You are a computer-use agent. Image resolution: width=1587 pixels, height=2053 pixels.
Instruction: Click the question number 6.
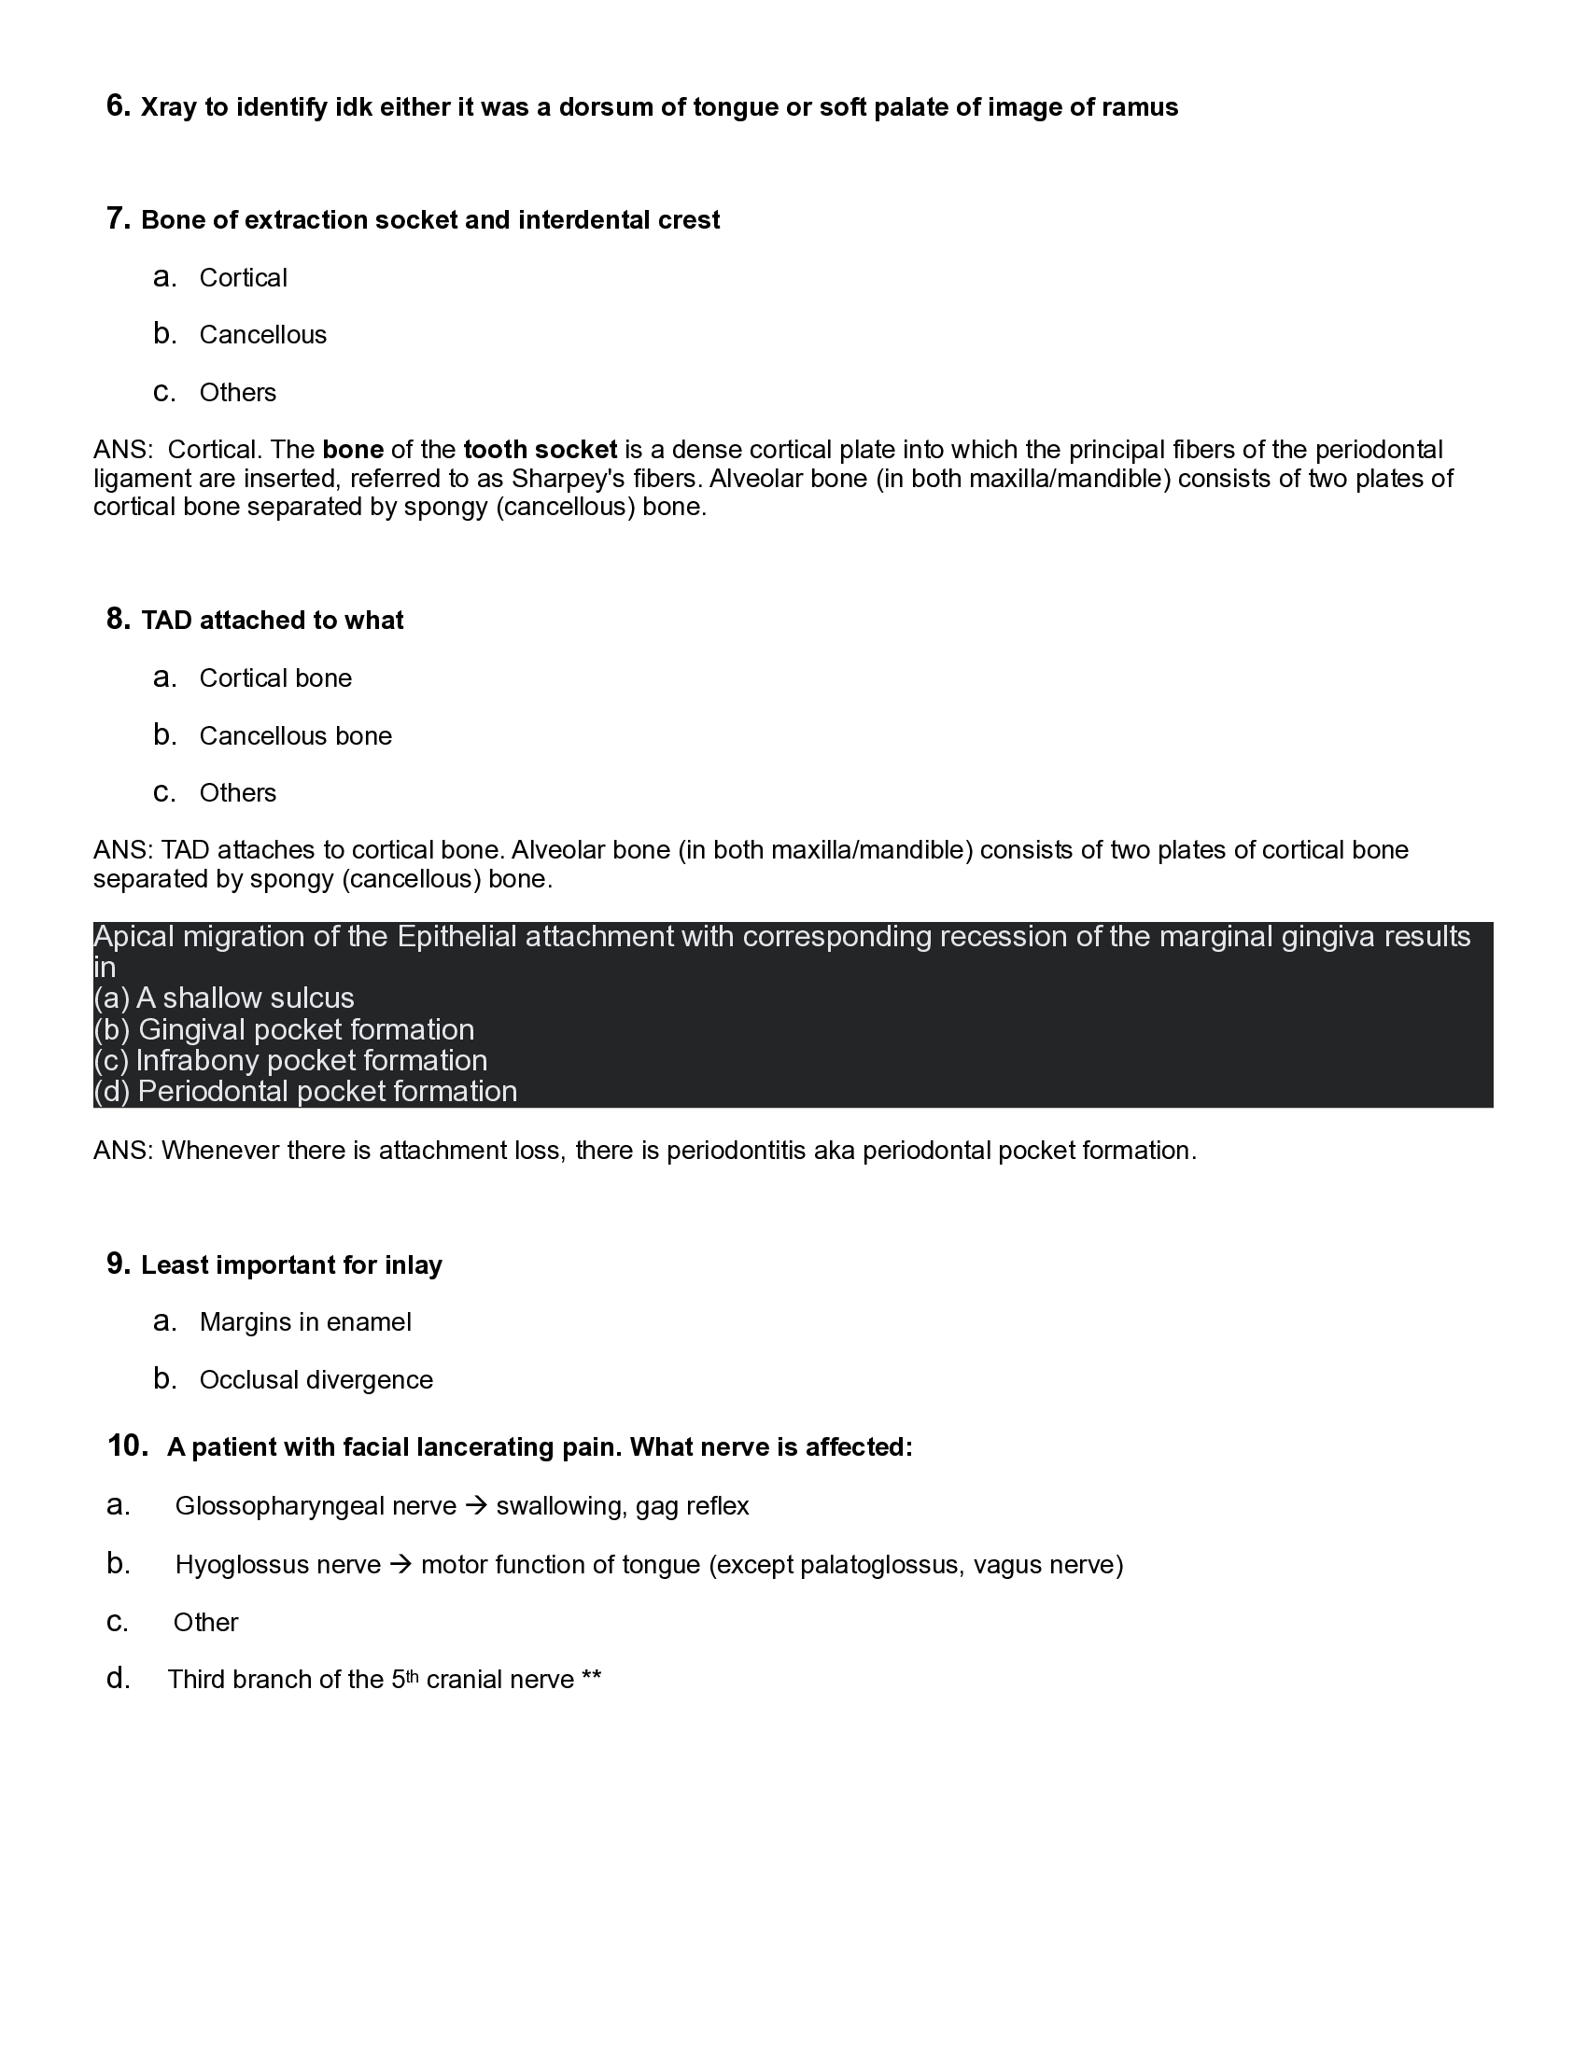coord(118,106)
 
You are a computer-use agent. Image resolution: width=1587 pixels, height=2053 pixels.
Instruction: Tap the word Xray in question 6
coord(168,108)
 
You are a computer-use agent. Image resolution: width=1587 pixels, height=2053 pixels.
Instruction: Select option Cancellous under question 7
coord(262,335)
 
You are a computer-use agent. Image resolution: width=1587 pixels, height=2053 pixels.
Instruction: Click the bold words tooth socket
coord(540,450)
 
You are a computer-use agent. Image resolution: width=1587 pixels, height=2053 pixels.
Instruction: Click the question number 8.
coord(118,620)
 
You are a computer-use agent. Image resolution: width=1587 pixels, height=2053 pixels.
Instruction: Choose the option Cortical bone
coord(275,678)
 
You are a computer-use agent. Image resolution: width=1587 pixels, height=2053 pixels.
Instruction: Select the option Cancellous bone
coord(295,736)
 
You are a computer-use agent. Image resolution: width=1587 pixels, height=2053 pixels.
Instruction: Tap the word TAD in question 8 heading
coord(166,621)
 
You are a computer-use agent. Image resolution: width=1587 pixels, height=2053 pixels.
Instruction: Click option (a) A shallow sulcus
coord(224,998)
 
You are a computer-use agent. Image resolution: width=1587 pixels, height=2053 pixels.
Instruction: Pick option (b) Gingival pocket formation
coord(284,1029)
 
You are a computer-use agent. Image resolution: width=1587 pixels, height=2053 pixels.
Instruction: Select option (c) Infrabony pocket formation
coord(290,1060)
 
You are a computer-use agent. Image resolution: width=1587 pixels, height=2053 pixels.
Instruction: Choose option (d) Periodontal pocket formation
coord(305,1092)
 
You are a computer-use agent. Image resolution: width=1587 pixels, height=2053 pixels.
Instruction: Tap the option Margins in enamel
coord(305,1322)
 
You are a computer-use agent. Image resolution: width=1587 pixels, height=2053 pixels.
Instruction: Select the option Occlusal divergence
coord(316,1380)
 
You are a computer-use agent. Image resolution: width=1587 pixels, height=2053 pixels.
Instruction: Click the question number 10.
coord(128,1445)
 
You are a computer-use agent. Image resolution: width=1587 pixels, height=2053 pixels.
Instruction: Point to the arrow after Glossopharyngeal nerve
coord(476,1506)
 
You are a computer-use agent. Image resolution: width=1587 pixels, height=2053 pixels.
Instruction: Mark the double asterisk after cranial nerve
coord(591,1680)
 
